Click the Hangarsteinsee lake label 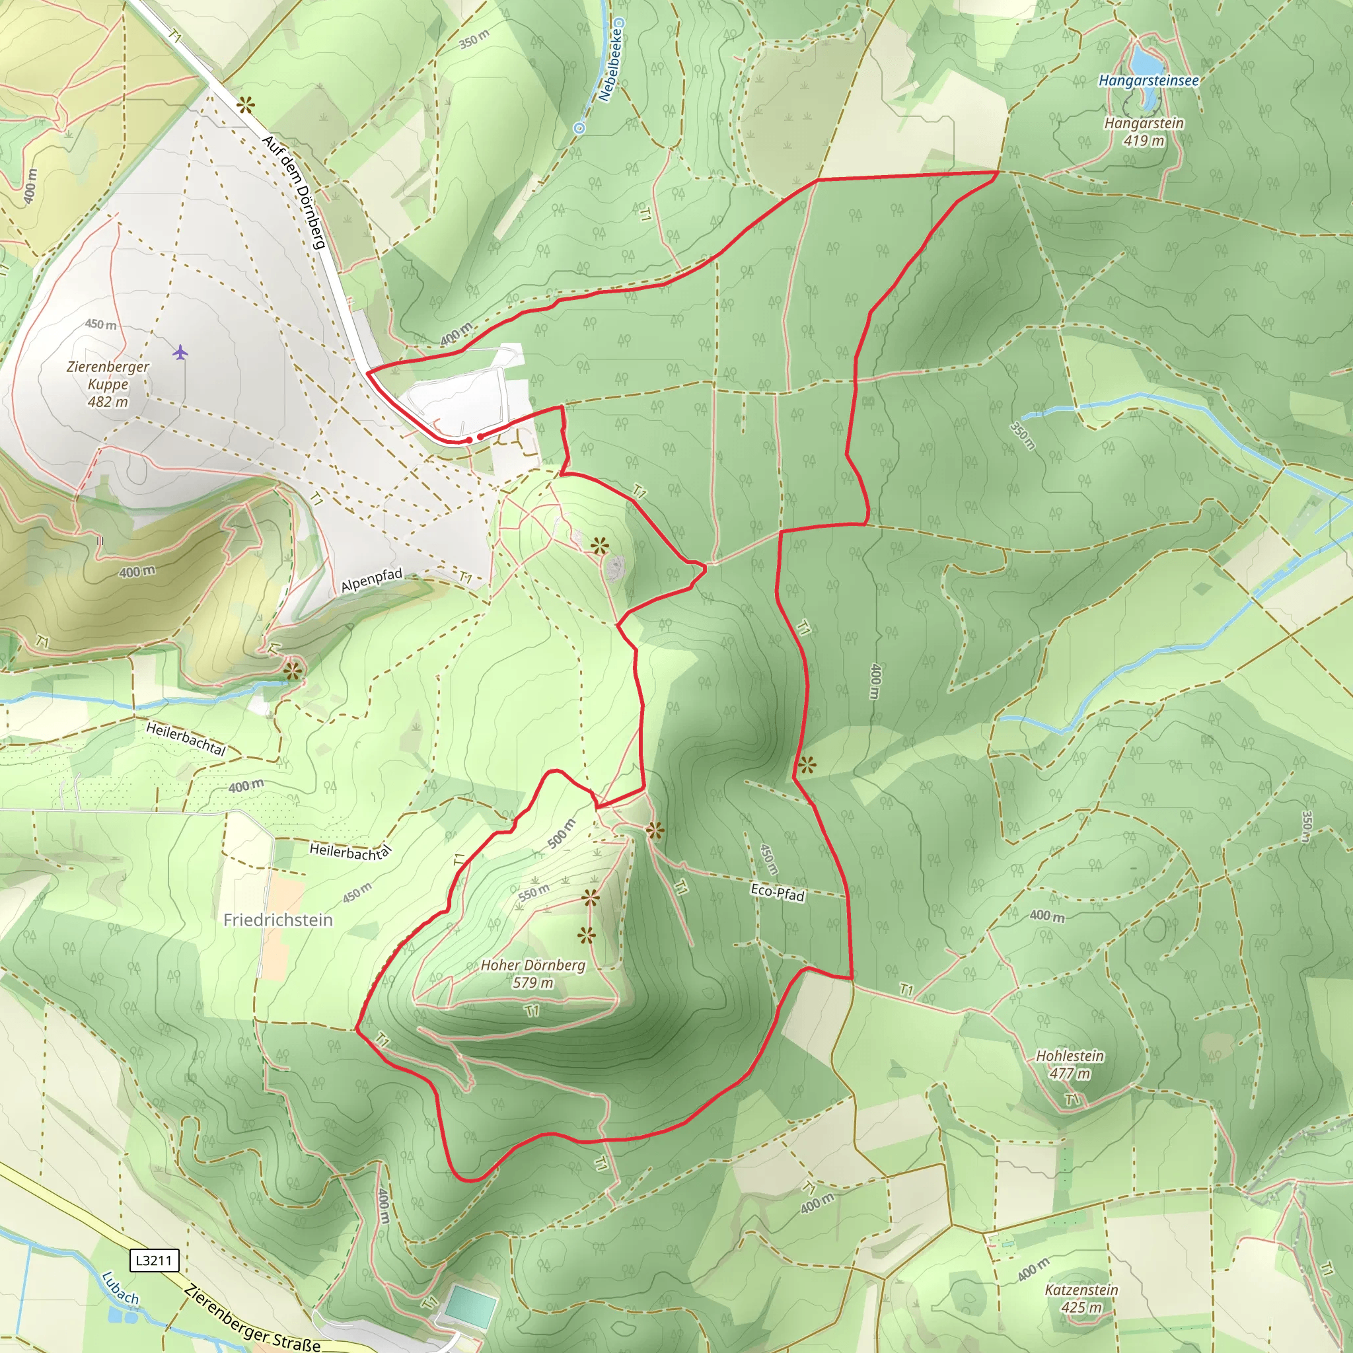pyautogui.click(x=1148, y=81)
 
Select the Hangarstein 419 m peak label pyautogui.click(x=1144, y=131)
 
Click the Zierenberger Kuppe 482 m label pyautogui.click(x=108, y=384)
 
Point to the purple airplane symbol pyautogui.click(x=180, y=351)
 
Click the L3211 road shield pyautogui.click(x=154, y=1261)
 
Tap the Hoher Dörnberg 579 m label pyautogui.click(x=532, y=973)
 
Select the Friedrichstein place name pyautogui.click(x=278, y=920)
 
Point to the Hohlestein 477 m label pyautogui.click(x=1070, y=1064)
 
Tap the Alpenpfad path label pyautogui.click(x=372, y=580)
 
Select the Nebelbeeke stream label pyautogui.click(x=610, y=65)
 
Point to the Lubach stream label pyautogui.click(x=120, y=1288)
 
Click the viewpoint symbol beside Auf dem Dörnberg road pyautogui.click(x=245, y=106)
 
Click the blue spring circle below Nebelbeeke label pyautogui.click(x=579, y=128)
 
